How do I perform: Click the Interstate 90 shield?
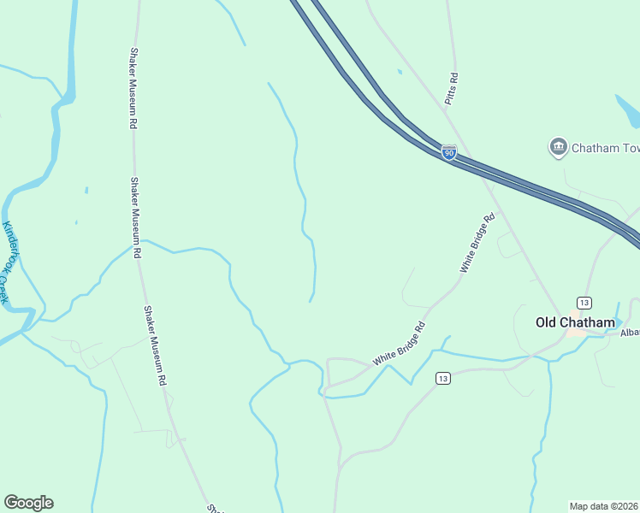click(x=449, y=152)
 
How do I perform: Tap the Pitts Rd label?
click(x=453, y=89)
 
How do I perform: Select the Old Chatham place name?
click(x=575, y=322)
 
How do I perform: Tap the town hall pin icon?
click(x=559, y=147)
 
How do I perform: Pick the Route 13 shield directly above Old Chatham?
click(x=584, y=303)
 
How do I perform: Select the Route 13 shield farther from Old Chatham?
click(x=441, y=378)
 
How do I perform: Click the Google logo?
click(x=28, y=503)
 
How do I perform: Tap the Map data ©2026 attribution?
click(x=604, y=505)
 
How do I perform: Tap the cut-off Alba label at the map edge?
click(x=630, y=332)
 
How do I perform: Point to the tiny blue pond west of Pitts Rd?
click(x=400, y=72)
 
